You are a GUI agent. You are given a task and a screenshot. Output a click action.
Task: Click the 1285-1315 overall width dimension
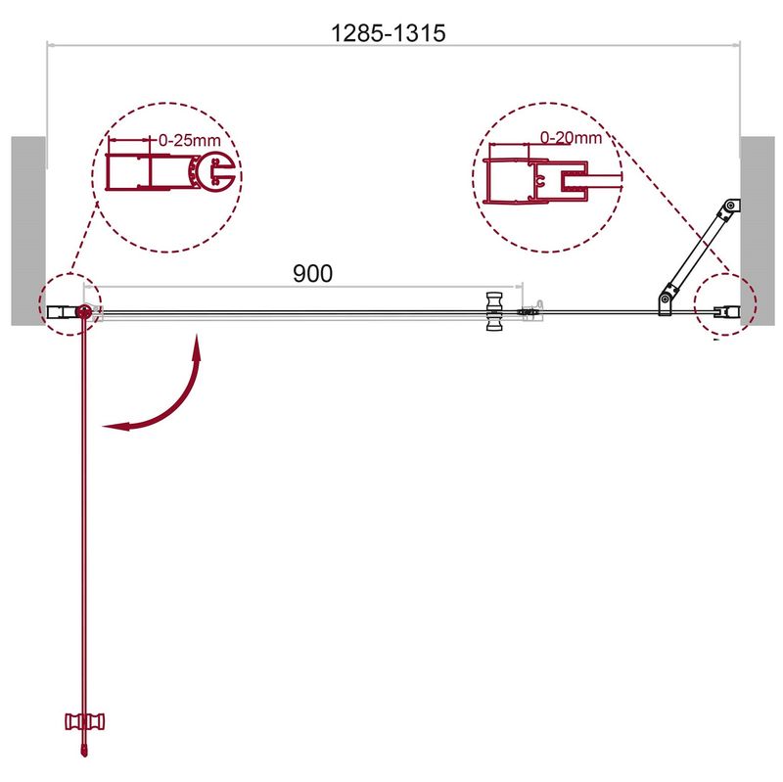388,33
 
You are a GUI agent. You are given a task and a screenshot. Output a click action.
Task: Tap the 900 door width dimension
312,274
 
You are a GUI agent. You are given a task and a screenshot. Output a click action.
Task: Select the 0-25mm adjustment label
189,140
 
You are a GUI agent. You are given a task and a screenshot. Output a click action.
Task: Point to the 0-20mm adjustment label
571,137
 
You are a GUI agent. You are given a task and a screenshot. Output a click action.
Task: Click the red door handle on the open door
85,721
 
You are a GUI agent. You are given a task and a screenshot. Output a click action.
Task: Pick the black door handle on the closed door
494,311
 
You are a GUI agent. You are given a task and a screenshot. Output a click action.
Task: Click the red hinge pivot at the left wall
84,312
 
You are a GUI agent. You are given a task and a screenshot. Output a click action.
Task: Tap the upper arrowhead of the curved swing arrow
198,347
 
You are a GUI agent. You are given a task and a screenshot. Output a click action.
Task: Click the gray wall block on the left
28,231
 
